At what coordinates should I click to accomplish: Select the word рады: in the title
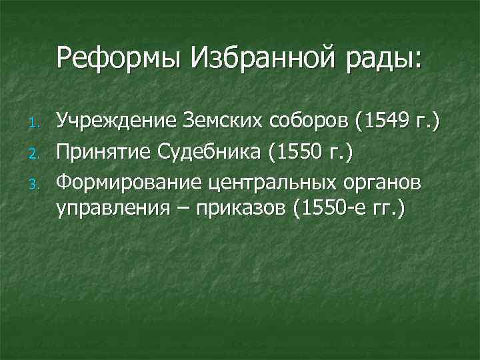(387, 58)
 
